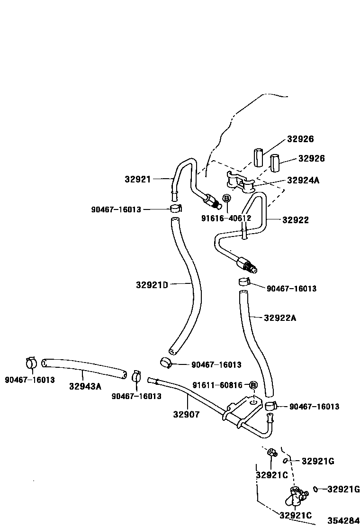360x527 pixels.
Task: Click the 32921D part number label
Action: (x=152, y=285)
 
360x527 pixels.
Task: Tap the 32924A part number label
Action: (x=304, y=181)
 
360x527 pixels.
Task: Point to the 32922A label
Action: (x=280, y=318)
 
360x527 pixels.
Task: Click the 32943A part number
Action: (x=85, y=386)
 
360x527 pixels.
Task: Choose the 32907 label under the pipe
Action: (x=186, y=415)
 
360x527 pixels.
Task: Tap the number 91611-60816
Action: (x=217, y=385)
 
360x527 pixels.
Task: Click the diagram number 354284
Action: (x=343, y=521)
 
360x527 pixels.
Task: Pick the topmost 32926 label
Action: (x=300, y=139)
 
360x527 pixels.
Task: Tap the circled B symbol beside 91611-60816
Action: (x=253, y=385)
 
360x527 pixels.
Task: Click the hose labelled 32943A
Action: (x=84, y=368)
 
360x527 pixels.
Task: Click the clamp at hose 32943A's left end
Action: (x=32, y=363)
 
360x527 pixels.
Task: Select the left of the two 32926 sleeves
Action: (x=258, y=157)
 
